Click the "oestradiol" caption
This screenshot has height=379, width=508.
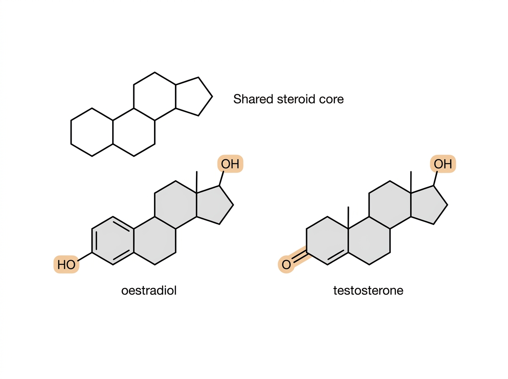pyautogui.click(x=149, y=290)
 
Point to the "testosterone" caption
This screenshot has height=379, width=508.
pyautogui.click(x=368, y=291)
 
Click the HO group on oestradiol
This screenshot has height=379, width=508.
pyautogui.click(x=66, y=264)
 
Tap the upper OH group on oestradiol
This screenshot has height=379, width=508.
pyautogui.click(x=230, y=164)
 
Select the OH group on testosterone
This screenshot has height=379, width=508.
pyautogui.click(x=443, y=164)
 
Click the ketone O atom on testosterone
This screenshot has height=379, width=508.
pyautogui.click(x=286, y=264)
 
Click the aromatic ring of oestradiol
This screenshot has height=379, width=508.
pyautogui.click(x=92, y=241)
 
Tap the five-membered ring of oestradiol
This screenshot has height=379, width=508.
pyautogui.click(x=233, y=205)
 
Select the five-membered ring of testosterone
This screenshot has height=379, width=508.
pyautogui.click(x=447, y=205)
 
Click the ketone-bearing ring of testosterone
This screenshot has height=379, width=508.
pyautogui.click(x=306, y=241)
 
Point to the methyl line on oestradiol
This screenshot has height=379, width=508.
pyautogui.click(x=197, y=182)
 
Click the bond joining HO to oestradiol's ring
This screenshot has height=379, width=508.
pyautogui.click(x=85, y=257)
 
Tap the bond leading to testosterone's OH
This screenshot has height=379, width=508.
pyautogui.click(x=435, y=178)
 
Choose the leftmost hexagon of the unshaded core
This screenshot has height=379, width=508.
pyautogui.click(x=71, y=132)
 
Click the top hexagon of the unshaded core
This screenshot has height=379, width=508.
pyautogui.click(x=134, y=96)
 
